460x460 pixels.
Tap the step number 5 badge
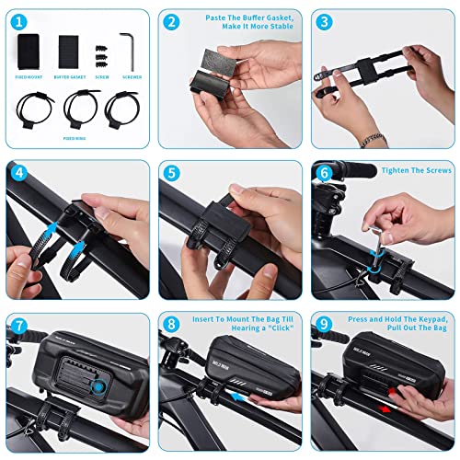[x=171, y=173]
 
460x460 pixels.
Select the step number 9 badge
[x=323, y=325]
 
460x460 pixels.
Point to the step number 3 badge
[x=323, y=21]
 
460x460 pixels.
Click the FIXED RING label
[x=75, y=136]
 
